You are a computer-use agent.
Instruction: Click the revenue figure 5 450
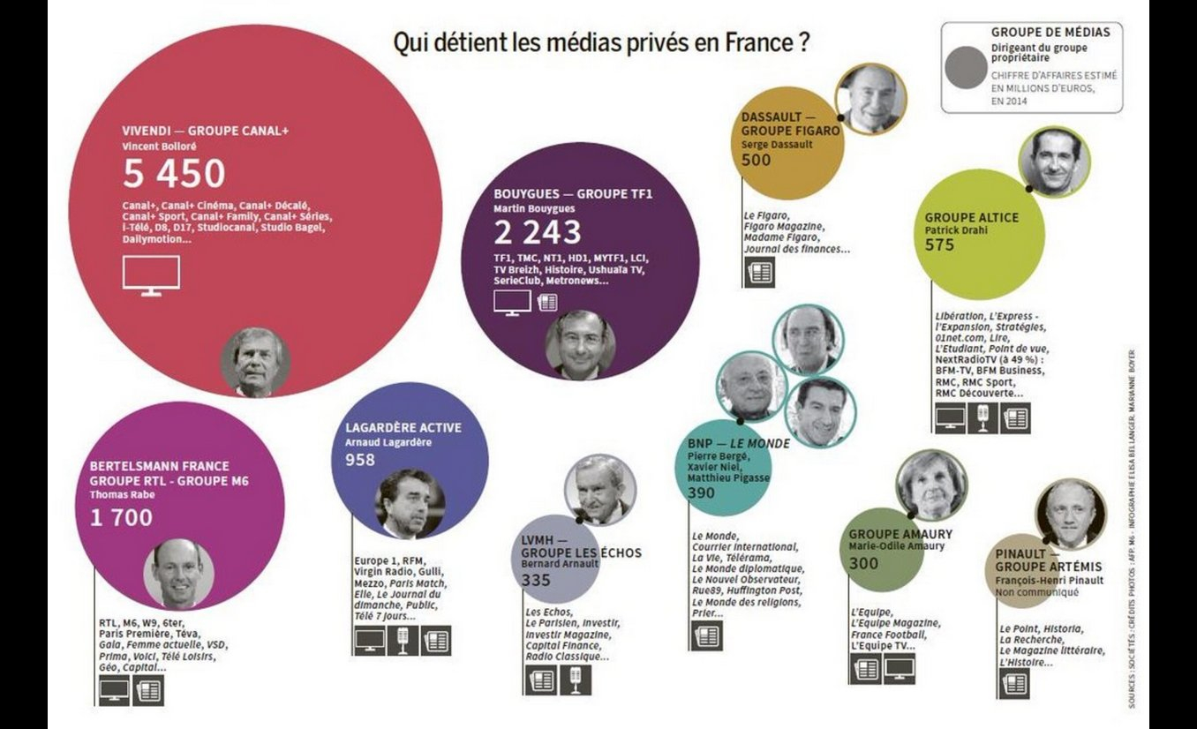click(174, 175)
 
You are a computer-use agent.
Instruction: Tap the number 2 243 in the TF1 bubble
click(537, 232)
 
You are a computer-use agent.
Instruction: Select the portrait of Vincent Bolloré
click(255, 361)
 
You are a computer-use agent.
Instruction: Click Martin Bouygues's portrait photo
click(580, 344)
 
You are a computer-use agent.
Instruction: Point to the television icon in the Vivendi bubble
click(150, 275)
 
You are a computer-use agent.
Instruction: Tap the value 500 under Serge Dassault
click(756, 160)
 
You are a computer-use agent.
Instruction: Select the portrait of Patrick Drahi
click(1053, 162)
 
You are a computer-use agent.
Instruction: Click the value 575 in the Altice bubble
click(939, 244)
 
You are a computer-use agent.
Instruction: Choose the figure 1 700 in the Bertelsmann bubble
click(121, 517)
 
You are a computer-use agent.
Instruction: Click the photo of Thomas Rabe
click(178, 572)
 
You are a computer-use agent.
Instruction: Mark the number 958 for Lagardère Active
click(360, 459)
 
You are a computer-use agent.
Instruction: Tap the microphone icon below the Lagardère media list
click(403, 640)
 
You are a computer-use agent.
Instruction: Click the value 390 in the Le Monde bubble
click(701, 492)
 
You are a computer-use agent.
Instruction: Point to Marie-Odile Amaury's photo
click(931, 485)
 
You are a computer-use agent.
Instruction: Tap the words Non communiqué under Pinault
click(1036, 592)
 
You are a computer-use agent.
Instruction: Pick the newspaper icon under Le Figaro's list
click(758, 273)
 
